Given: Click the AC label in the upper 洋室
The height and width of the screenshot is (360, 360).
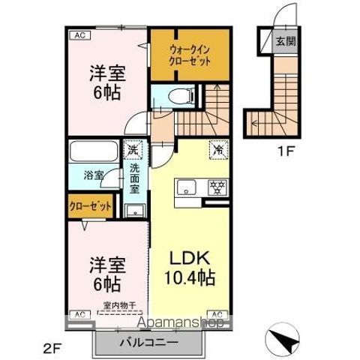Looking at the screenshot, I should point(78,34).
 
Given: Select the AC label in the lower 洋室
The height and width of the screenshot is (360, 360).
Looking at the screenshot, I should point(78,313).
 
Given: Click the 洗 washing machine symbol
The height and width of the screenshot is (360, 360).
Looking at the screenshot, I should point(132,149).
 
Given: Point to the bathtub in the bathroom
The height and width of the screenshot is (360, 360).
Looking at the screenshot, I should point(93,154).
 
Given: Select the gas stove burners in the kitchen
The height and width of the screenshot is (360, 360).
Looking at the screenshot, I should point(217,187).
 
